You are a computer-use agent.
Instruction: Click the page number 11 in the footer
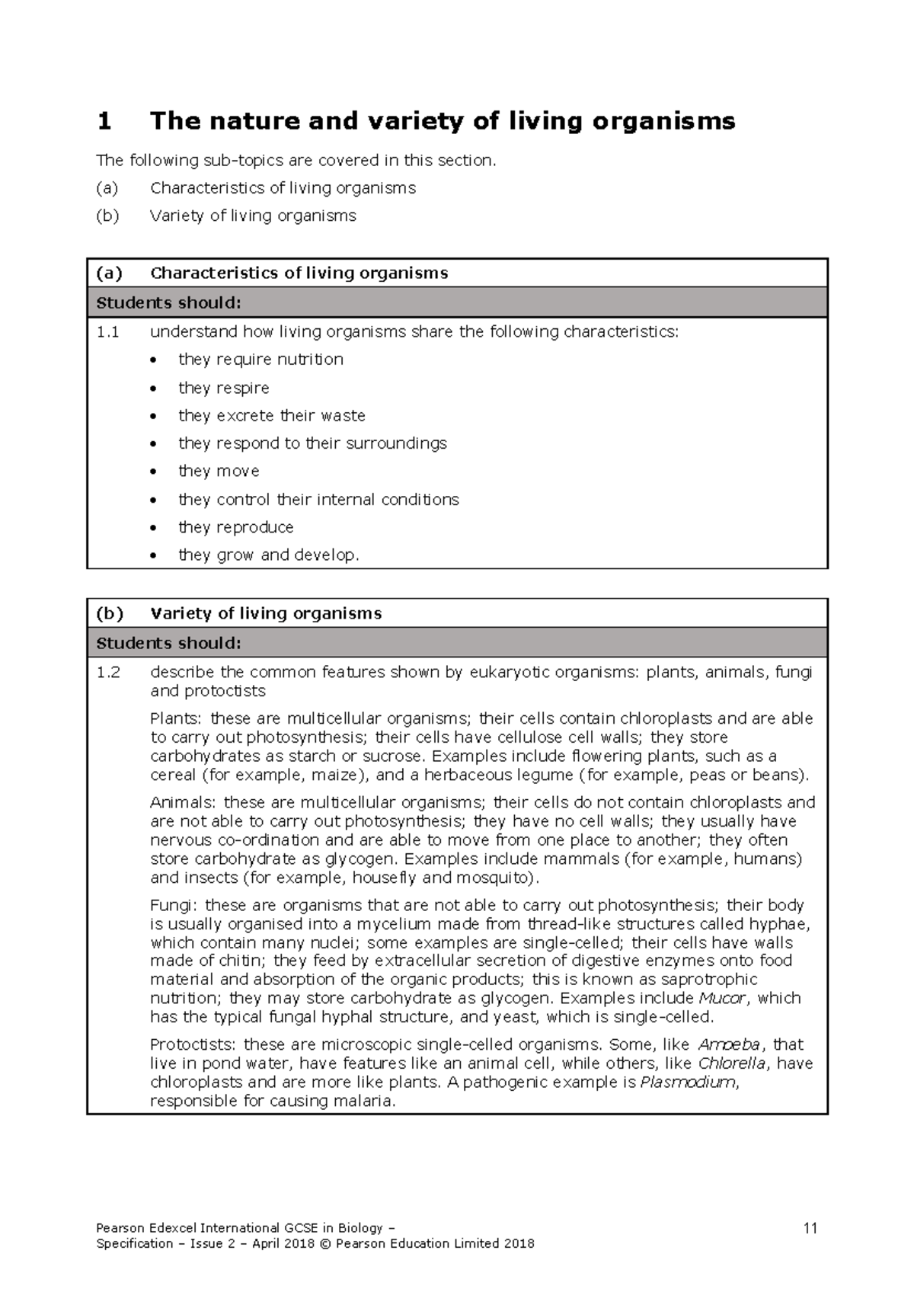810,1228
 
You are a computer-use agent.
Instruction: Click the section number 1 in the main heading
105,121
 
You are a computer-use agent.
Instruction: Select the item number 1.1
108,332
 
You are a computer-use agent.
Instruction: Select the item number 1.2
108,673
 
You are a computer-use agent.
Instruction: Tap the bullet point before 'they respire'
155,389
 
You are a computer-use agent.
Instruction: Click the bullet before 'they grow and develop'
155,556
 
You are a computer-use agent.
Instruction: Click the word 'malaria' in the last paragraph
367,1102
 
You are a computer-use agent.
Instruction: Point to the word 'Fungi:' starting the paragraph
174,906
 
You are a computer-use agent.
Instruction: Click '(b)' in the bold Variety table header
110,613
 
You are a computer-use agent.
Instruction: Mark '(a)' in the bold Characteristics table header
110,273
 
